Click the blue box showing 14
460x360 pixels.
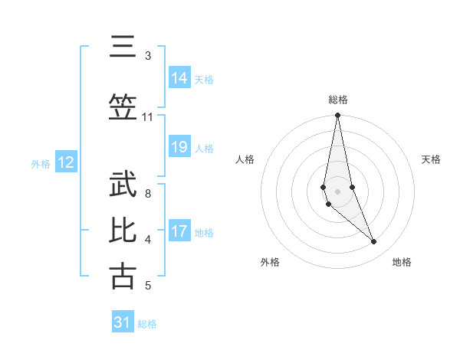click(179, 78)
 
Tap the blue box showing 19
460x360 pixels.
click(179, 147)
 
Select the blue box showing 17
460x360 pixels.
click(179, 231)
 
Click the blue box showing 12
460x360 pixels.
click(65, 162)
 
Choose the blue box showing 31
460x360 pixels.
click(123, 322)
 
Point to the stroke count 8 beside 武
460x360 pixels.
click(147, 194)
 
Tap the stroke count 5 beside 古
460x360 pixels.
click(147, 286)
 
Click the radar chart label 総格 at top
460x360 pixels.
click(338, 100)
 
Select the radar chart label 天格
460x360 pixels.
click(431, 159)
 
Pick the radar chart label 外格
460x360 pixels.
click(270, 262)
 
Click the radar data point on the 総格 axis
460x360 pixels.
click(338, 116)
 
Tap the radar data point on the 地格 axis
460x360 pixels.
click(373, 242)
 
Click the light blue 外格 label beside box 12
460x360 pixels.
click(41, 163)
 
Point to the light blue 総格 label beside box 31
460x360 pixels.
click(147, 323)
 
